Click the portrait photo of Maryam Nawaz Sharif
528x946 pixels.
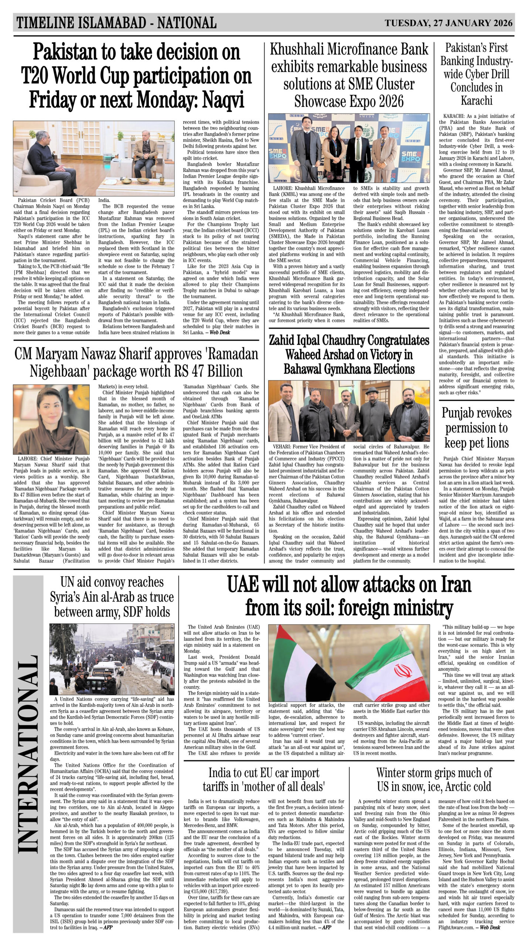click(51, 419)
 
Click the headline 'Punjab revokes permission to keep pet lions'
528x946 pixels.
click(476, 428)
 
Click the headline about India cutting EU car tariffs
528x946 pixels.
click(263, 780)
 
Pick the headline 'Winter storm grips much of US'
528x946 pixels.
click(434, 780)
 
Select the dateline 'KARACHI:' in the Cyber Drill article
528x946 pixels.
click(455, 116)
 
